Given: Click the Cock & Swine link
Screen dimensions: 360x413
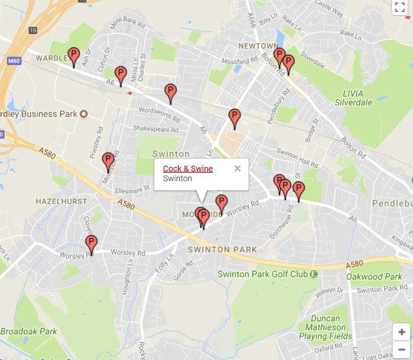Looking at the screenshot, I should coord(188,169).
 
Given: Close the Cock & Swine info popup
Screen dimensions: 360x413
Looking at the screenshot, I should coord(238,168).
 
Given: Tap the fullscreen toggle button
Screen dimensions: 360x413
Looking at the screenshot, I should coord(400,7).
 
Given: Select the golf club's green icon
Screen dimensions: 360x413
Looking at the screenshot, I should coord(313,274).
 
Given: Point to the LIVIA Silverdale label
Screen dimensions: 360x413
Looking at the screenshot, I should coord(354,98).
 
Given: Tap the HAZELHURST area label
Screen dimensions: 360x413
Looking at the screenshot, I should coord(61,202).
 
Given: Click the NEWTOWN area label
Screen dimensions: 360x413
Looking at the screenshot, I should coord(259,46).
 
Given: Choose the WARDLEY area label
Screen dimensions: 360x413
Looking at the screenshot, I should coord(52,58).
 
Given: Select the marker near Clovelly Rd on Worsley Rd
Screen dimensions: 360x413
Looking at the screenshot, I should coord(91,244).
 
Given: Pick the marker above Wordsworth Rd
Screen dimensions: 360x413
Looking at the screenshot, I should coord(170,92).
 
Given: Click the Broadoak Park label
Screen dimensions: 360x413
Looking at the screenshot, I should coord(28,331).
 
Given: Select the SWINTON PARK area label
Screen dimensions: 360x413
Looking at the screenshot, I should coord(222,250).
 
